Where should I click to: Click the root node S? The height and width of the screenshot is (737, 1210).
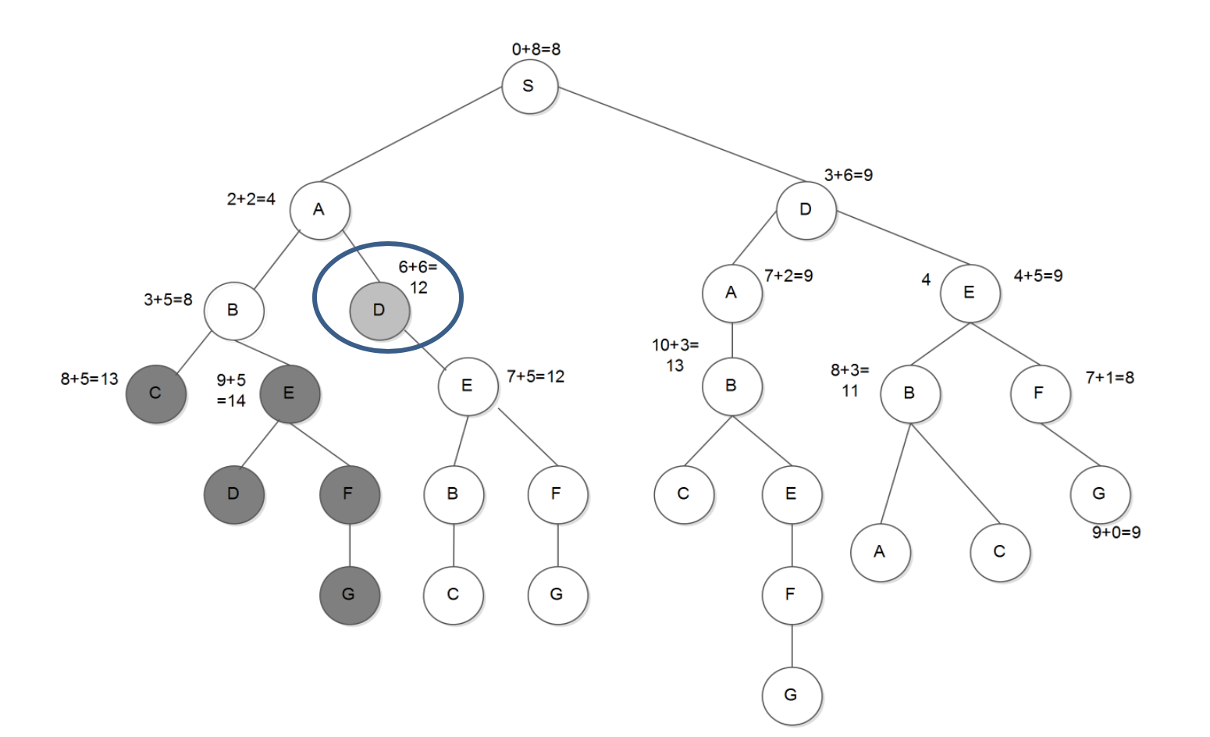(x=529, y=86)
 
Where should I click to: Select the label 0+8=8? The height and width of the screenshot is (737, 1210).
(x=536, y=49)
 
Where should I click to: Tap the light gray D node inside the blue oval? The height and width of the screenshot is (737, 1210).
(x=379, y=311)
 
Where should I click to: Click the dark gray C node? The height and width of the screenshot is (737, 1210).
(x=156, y=393)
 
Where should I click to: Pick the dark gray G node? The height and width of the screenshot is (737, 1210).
(x=349, y=595)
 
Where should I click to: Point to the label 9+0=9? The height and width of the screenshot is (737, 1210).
(x=1116, y=532)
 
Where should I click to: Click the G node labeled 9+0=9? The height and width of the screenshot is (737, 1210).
(x=1099, y=493)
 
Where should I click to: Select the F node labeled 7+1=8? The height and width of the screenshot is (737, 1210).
(x=1039, y=393)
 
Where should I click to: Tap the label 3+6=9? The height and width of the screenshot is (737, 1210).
(x=849, y=175)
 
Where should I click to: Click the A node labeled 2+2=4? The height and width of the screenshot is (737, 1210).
(x=319, y=209)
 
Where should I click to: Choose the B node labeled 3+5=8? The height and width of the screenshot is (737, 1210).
(x=233, y=310)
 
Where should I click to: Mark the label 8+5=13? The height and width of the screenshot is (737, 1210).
(x=89, y=379)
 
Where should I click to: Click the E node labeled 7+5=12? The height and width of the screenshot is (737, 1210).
(x=467, y=386)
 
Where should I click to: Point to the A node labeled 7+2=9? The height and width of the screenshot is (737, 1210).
(x=731, y=293)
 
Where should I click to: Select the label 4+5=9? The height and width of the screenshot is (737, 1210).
(x=1037, y=276)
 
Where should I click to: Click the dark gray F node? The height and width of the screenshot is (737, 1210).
(x=349, y=493)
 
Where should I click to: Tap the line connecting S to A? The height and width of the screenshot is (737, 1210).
(x=411, y=134)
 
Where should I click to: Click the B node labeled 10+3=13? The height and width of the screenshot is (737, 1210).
(x=731, y=386)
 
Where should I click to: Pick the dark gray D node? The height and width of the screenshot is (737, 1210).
(x=233, y=493)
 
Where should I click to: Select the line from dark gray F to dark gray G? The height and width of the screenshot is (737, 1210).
(x=349, y=544)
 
